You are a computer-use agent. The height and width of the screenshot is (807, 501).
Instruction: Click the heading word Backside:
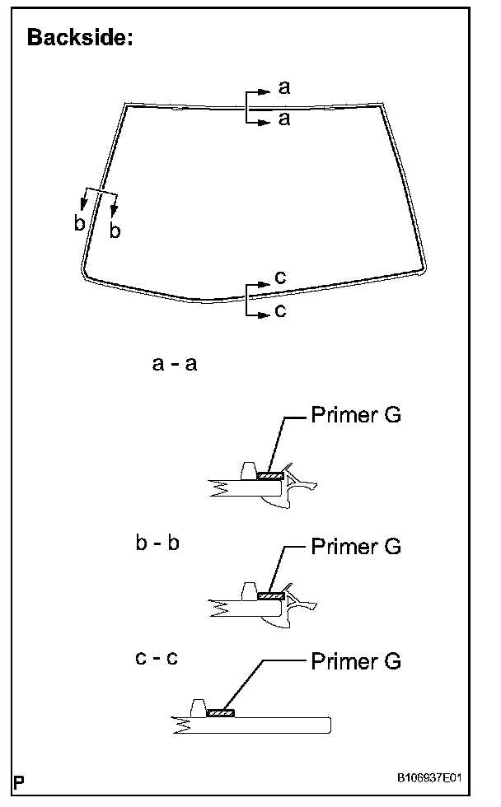coord(80,38)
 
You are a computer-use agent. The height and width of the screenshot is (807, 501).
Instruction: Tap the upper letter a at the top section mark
coord(284,86)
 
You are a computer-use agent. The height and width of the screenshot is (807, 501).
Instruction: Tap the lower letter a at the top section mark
coord(284,119)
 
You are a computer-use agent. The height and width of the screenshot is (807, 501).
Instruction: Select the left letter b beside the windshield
coord(79,223)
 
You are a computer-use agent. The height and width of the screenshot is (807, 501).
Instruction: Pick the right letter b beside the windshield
coord(115,231)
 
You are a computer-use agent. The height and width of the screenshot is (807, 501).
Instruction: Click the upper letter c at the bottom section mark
coord(280,278)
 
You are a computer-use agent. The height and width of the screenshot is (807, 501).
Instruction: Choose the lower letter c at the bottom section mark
coord(280,311)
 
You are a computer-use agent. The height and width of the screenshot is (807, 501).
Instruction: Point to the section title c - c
coord(156,659)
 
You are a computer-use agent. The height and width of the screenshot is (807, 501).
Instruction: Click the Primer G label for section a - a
coord(356,414)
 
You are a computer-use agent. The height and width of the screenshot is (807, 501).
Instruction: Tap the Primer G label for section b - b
coord(356,546)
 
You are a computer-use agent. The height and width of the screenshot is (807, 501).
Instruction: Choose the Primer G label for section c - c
coord(356,660)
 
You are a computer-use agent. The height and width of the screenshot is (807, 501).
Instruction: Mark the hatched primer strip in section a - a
coord(269,476)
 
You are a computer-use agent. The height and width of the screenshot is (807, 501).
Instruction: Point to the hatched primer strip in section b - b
coord(269,595)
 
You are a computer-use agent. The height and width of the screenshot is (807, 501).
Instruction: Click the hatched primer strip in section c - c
coord(220,712)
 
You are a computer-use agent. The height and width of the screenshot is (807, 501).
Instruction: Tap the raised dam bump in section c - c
coord(197,707)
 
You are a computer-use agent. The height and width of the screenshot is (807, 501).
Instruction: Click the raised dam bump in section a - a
coord(246,470)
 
